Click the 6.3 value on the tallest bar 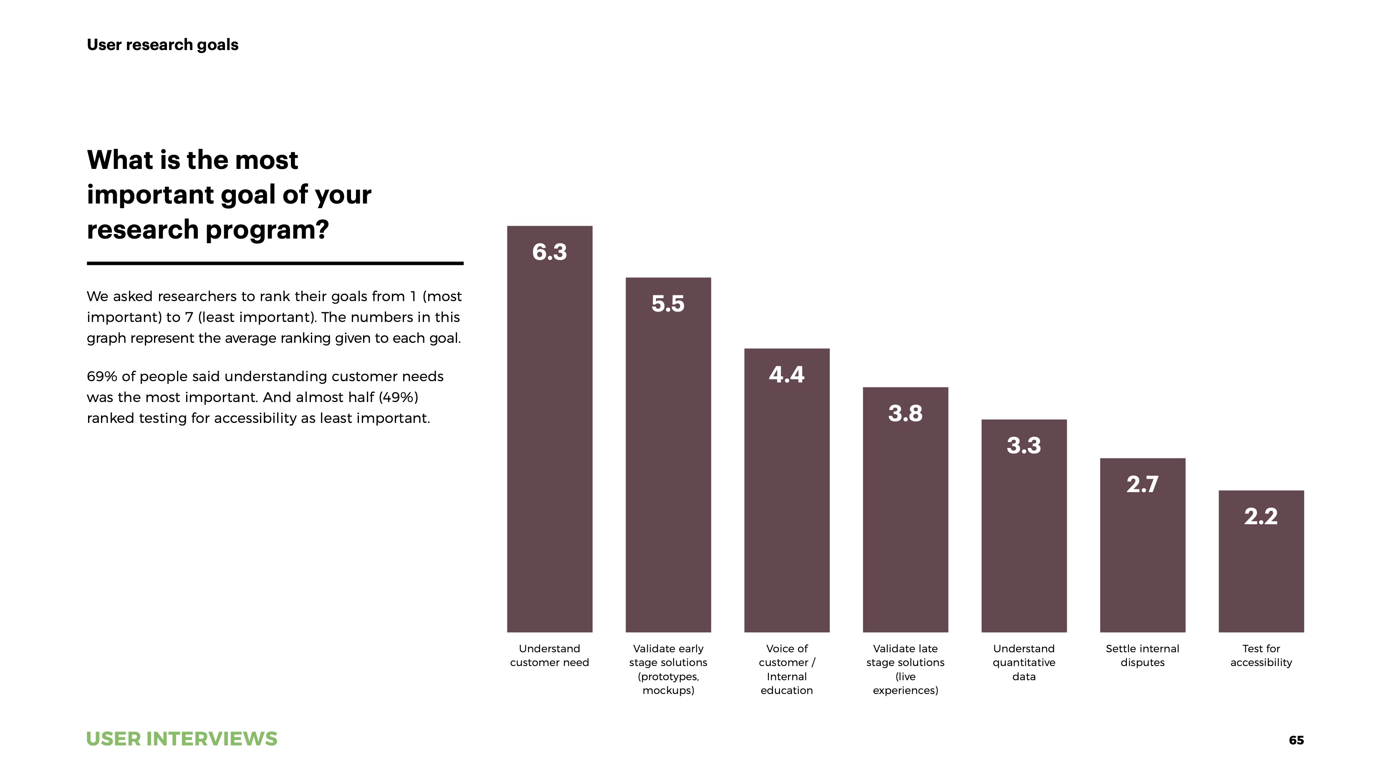pos(549,252)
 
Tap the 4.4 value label pos(786,375)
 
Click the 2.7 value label pos(1142,484)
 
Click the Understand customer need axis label pos(549,655)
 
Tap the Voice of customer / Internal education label pos(786,669)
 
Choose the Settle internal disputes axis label pos(1142,655)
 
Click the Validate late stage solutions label pos(905,669)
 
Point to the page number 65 pos(1296,740)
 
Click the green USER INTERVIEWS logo pos(182,739)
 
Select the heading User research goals pos(162,44)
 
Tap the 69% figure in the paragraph pos(101,376)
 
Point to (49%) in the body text pos(398,397)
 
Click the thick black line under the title pos(275,263)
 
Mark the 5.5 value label pos(668,304)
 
